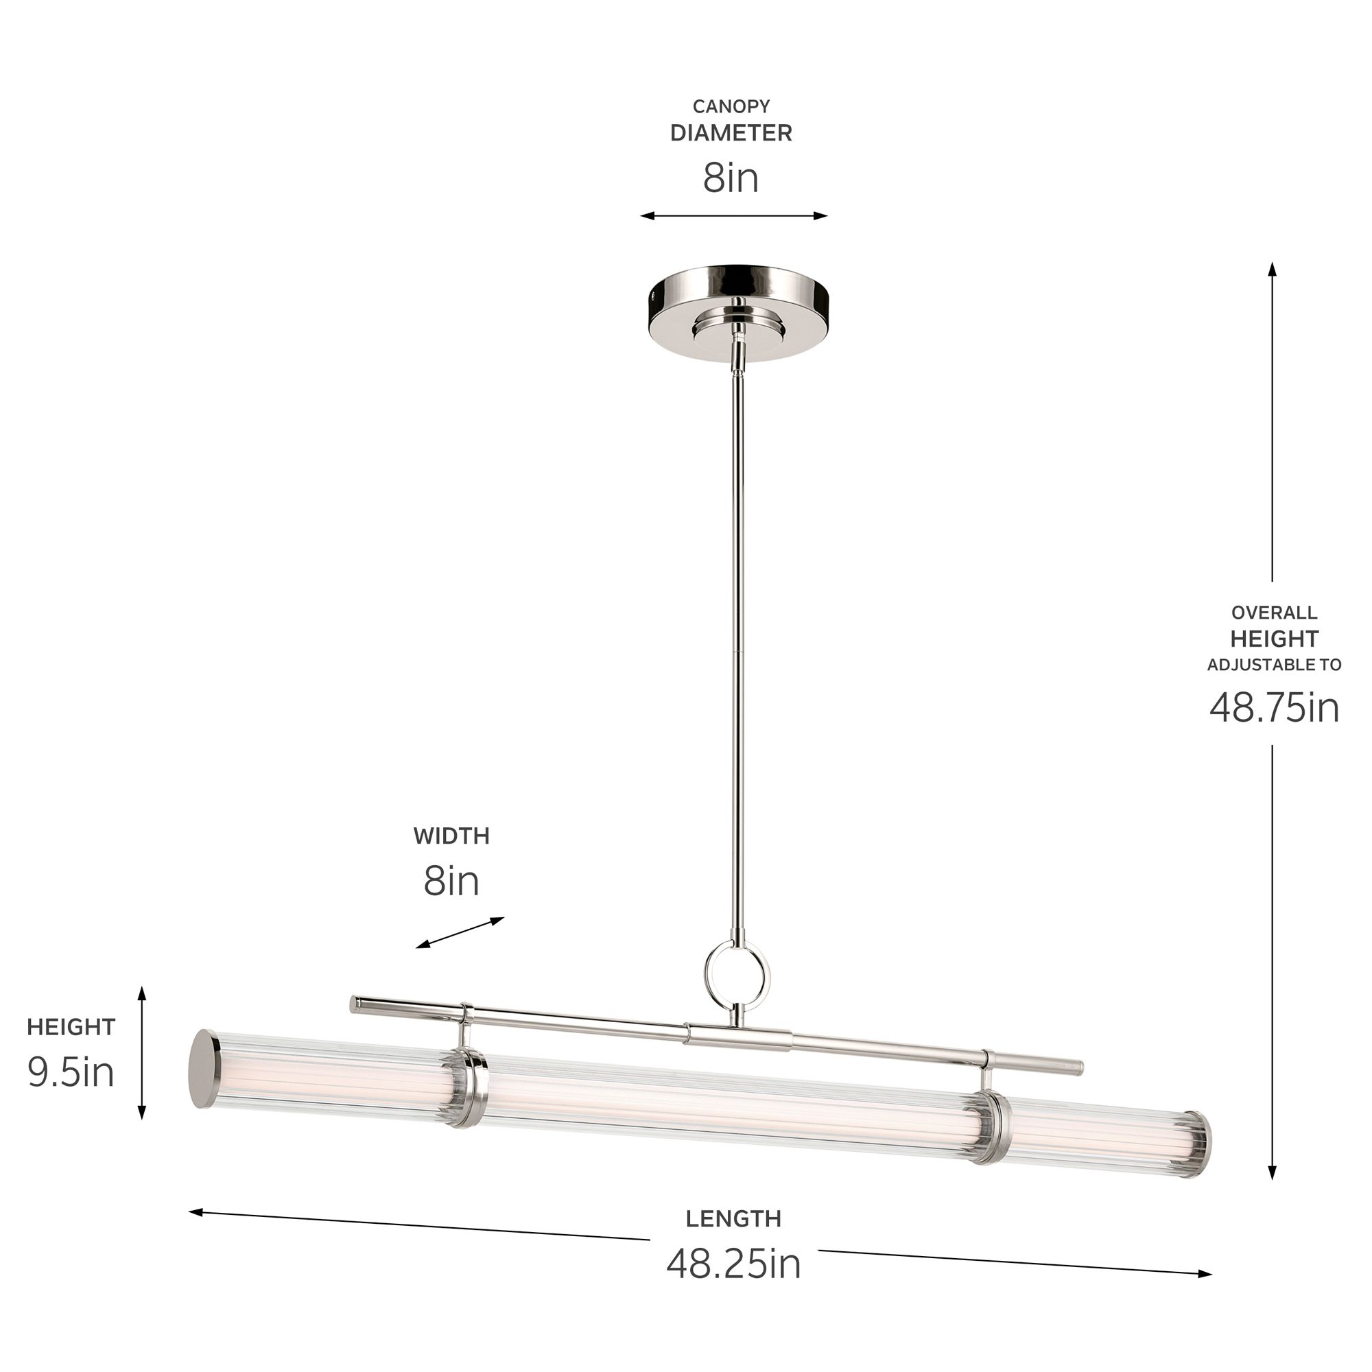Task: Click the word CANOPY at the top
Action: pyautogui.click(x=731, y=106)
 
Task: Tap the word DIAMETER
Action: pyautogui.click(x=731, y=133)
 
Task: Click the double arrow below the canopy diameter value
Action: pyautogui.click(x=733, y=216)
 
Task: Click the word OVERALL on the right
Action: pyautogui.click(x=1274, y=612)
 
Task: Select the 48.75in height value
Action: pyautogui.click(x=1274, y=707)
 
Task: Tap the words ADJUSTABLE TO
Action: pyautogui.click(x=1274, y=665)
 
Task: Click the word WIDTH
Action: pyautogui.click(x=451, y=836)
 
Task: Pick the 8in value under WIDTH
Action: pyautogui.click(x=451, y=882)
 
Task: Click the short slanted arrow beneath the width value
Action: pyautogui.click(x=460, y=933)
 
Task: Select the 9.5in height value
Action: pyautogui.click(x=71, y=1072)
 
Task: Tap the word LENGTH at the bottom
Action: pyautogui.click(x=733, y=1218)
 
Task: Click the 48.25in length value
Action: pyautogui.click(x=733, y=1264)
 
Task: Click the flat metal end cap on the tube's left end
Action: pyautogui.click(x=204, y=1069)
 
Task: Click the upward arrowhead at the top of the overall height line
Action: pyautogui.click(x=1272, y=269)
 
